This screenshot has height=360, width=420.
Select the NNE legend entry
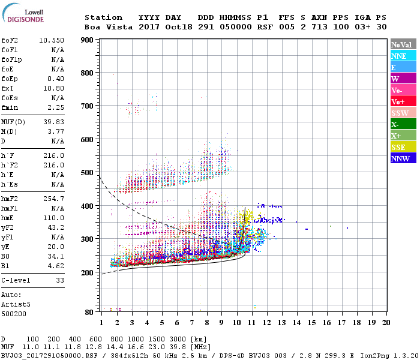click(399, 56)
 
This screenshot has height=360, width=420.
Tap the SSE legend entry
click(399, 147)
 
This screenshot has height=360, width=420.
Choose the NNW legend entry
click(400, 158)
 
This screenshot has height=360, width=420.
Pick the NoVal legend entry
click(400, 44)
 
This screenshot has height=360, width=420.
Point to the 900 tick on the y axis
click(88, 40)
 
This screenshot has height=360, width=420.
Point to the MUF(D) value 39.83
click(55, 122)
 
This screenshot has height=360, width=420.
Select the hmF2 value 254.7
click(55, 199)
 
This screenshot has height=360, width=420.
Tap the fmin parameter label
click(10, 107)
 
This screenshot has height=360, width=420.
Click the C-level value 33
click(59, 280)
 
